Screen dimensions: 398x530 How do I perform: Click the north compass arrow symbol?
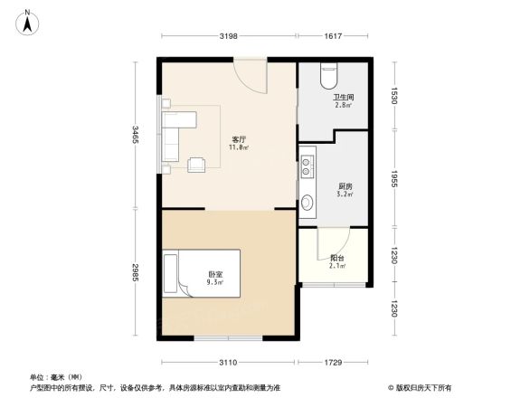point(28,21)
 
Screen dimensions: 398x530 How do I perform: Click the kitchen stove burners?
point(308,166)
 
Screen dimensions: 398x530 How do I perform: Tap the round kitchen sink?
point(308,203)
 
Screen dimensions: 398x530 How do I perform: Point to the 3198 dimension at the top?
point(228,36)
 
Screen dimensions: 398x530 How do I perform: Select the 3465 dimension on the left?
point(134,135)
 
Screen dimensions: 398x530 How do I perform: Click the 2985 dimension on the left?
point(134,273)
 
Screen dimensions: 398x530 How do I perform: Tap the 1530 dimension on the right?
point(396,96)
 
